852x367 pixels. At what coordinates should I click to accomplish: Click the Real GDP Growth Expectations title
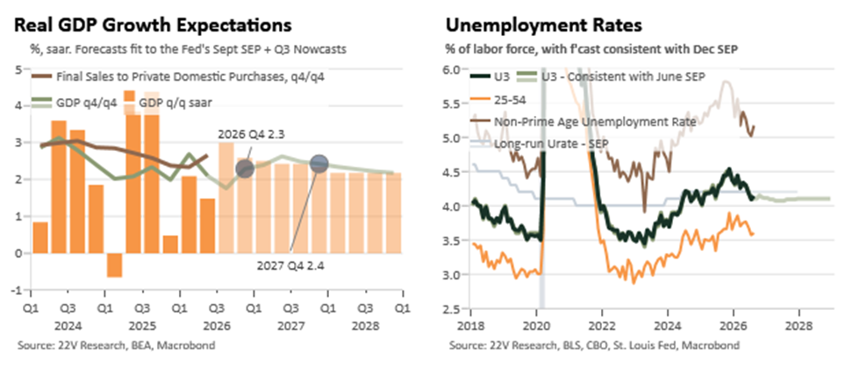tap(153, 25)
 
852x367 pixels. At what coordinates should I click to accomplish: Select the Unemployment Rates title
tap(544, 25)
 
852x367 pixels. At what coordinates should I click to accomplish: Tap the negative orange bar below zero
tap(114, 265)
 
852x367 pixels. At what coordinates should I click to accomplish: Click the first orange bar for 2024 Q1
tap(40, 238)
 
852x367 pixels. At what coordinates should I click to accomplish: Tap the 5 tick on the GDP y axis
tap(18, 69)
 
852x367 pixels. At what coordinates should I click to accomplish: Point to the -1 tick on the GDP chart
tap(17, 290)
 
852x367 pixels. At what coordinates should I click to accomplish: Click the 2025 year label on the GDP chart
tap(142, 327)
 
